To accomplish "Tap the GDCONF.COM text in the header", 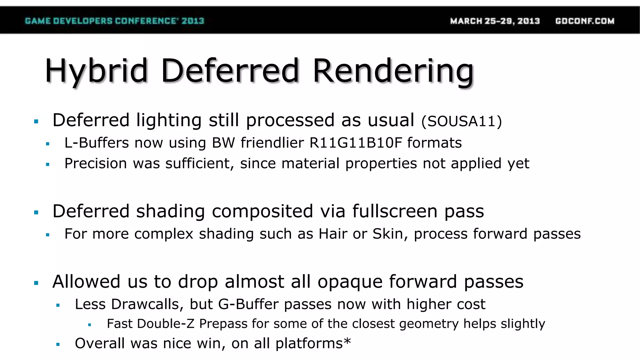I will [585, 21].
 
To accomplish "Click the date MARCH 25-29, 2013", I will [495, 21].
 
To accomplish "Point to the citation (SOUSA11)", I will [462, 121].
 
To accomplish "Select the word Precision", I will [96, 163].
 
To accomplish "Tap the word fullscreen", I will [395, 211].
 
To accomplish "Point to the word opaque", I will [350, 282].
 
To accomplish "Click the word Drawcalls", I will [145, 304].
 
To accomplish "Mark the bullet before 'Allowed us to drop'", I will [36, 283].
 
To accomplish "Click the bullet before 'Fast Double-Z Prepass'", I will [90, 325].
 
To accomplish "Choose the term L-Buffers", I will [97, 143].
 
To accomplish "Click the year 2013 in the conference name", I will [193, 21].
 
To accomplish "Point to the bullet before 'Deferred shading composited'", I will [36, 213].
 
